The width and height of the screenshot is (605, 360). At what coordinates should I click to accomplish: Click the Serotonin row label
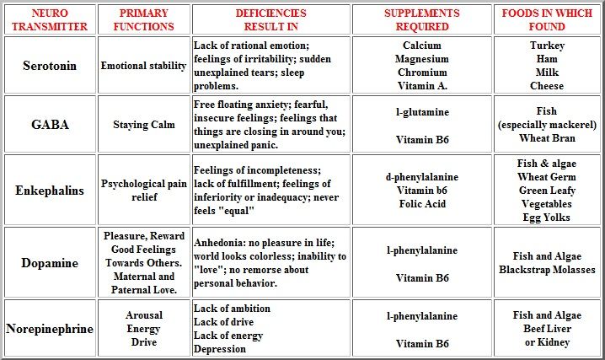(50, 66)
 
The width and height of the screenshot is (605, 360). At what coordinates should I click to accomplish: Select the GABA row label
(50, 125)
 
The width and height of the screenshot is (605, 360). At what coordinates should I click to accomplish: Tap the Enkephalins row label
(50, 190)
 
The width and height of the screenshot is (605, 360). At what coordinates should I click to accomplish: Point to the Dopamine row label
(50, 263)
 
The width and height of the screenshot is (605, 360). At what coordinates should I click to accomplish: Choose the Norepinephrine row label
(50, 329)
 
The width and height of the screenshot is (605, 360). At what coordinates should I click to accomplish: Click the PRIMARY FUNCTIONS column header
(143, 20)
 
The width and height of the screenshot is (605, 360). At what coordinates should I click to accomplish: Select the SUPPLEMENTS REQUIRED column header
(421, 20)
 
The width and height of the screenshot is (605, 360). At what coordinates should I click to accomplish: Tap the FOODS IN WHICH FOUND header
(545, 20)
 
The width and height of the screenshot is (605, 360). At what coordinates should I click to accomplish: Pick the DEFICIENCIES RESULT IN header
(270, 20)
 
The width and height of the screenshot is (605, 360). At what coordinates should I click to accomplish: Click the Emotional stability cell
(143, 66)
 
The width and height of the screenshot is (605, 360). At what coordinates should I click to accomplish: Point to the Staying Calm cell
(143, 125)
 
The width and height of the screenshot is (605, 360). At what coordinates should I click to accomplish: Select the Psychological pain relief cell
(143, 190)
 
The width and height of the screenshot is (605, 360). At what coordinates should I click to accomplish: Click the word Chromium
(422, 73)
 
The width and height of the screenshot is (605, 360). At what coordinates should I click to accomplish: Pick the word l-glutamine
(422, 112)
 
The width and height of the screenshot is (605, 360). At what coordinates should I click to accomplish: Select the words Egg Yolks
(547, 218)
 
